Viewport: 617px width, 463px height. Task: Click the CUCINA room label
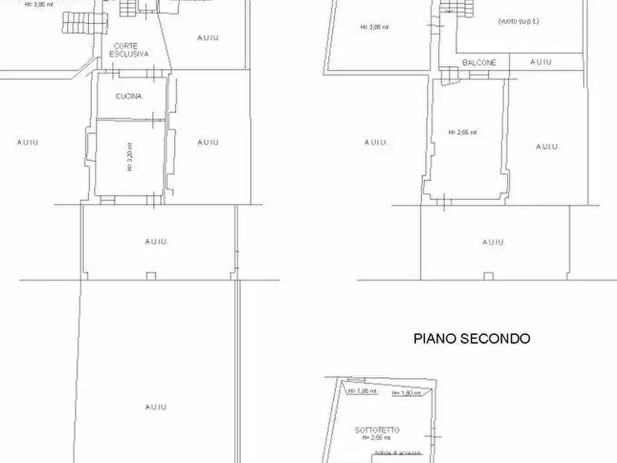click(x=129, y=97)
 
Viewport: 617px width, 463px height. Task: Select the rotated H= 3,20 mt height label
click(x=130, y=157)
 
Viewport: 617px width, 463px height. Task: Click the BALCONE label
click(x=479, y=63)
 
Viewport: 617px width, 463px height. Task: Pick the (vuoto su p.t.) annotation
click(x=518, y=21)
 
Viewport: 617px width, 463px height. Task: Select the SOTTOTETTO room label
click(x=377, y=430)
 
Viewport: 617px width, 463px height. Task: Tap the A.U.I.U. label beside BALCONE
click(x=542, y=62)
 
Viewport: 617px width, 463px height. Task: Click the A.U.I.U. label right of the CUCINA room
click(x=208, y=142)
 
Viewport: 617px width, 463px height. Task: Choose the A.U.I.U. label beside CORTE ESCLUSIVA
click(x=208, y=38)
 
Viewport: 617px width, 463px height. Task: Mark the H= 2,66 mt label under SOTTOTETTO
click(x=377, y=437)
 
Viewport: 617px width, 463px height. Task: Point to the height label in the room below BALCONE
click(x=462, y=132)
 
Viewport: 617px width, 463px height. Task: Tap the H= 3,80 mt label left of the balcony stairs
click(x=374, y=28)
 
